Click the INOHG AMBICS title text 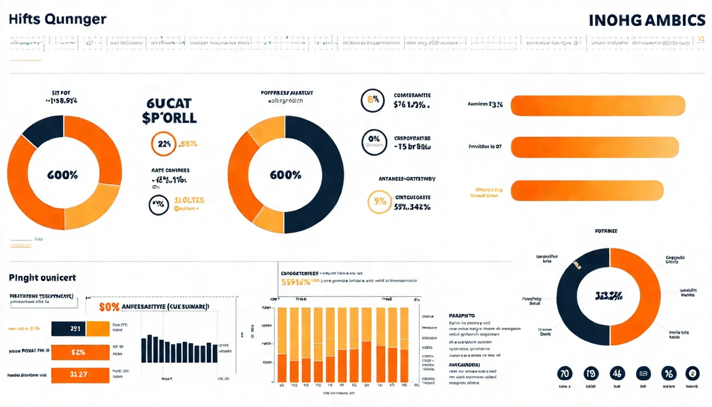click(x=647, y=21)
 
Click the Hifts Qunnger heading click(x=57, y=20)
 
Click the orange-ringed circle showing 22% click(x=164, y=144)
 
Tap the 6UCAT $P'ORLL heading click(x=170, y=110)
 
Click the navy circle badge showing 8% click(x=372, y=101)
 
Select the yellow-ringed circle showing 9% click(x=379, y=202)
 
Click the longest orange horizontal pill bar click(x=598, y=105)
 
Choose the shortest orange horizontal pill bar click(x=587, y=190)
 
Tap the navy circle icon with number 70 click(x=565, y=374)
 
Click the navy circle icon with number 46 click(x=617, y=374)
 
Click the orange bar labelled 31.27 click(x=79, y=375)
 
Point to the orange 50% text click(x=110, y=307)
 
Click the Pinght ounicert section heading click(x=42, y=278)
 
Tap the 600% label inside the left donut click(x=63, y=175)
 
